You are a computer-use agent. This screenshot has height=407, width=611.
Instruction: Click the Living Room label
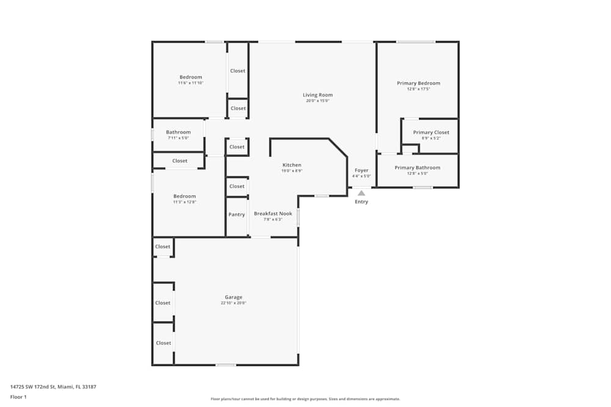(318, 95)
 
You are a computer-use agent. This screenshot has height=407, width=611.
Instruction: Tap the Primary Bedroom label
(418, 83)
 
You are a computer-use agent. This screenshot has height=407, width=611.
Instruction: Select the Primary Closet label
(431, 132)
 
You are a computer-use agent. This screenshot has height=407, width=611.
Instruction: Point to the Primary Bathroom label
(417, 168)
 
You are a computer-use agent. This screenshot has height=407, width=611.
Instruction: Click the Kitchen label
(291, 165)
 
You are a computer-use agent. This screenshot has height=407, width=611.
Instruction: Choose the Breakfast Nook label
(273, 214)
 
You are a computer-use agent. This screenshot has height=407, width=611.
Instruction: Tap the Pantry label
(236, 215)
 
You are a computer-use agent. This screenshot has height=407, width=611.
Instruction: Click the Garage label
(233, 297)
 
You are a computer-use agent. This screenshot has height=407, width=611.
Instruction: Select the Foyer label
(362, 170)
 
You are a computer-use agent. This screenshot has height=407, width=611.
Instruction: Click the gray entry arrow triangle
(361, 193)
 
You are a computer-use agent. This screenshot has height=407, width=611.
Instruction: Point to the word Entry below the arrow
(362, 202)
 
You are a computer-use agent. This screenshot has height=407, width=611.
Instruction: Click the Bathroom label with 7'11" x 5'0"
(178, 132)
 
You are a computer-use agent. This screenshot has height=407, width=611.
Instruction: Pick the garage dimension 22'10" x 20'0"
(233, 303)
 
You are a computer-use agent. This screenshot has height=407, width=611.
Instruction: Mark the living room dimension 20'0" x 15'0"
(318, 101)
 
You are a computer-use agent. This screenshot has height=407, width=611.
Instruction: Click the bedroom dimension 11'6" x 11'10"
(191, 83)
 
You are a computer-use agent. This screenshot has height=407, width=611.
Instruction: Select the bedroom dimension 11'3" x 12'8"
(185, 202)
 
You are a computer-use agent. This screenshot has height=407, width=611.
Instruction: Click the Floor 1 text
(18, 397)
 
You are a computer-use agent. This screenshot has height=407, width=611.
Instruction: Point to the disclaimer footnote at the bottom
(305, 399)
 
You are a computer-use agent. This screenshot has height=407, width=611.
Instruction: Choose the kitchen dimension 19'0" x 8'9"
(291, 171)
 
